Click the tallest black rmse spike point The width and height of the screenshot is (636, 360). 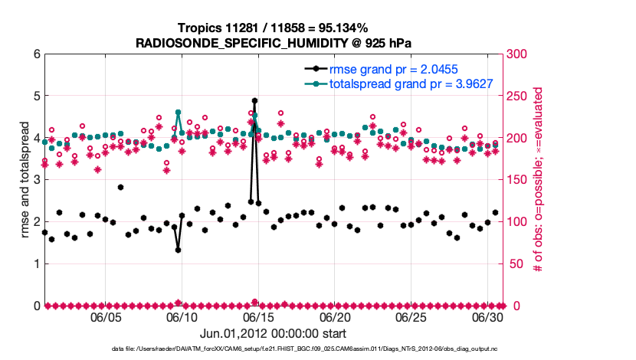(254, 100)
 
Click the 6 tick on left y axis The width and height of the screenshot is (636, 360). (36, 54)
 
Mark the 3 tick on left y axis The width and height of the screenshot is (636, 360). (36, 180)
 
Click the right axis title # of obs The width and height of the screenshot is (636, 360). (539, 180)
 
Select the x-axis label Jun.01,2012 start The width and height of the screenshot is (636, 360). (273, 333)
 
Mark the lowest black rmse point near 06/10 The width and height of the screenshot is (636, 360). (178, 250)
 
